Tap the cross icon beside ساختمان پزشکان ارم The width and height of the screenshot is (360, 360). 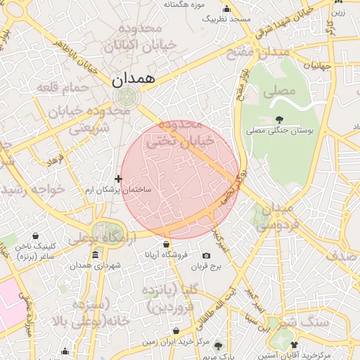coord(117,179)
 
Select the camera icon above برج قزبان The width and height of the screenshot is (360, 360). coord(206,256)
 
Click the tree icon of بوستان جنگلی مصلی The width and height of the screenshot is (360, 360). coord(280,120)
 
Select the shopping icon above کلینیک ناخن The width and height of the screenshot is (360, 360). coord(35,236)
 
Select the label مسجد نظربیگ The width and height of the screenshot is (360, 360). coord(226,19)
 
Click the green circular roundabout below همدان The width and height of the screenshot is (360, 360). coord(127,97)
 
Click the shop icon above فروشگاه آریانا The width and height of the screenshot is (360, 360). coord(166,244)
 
